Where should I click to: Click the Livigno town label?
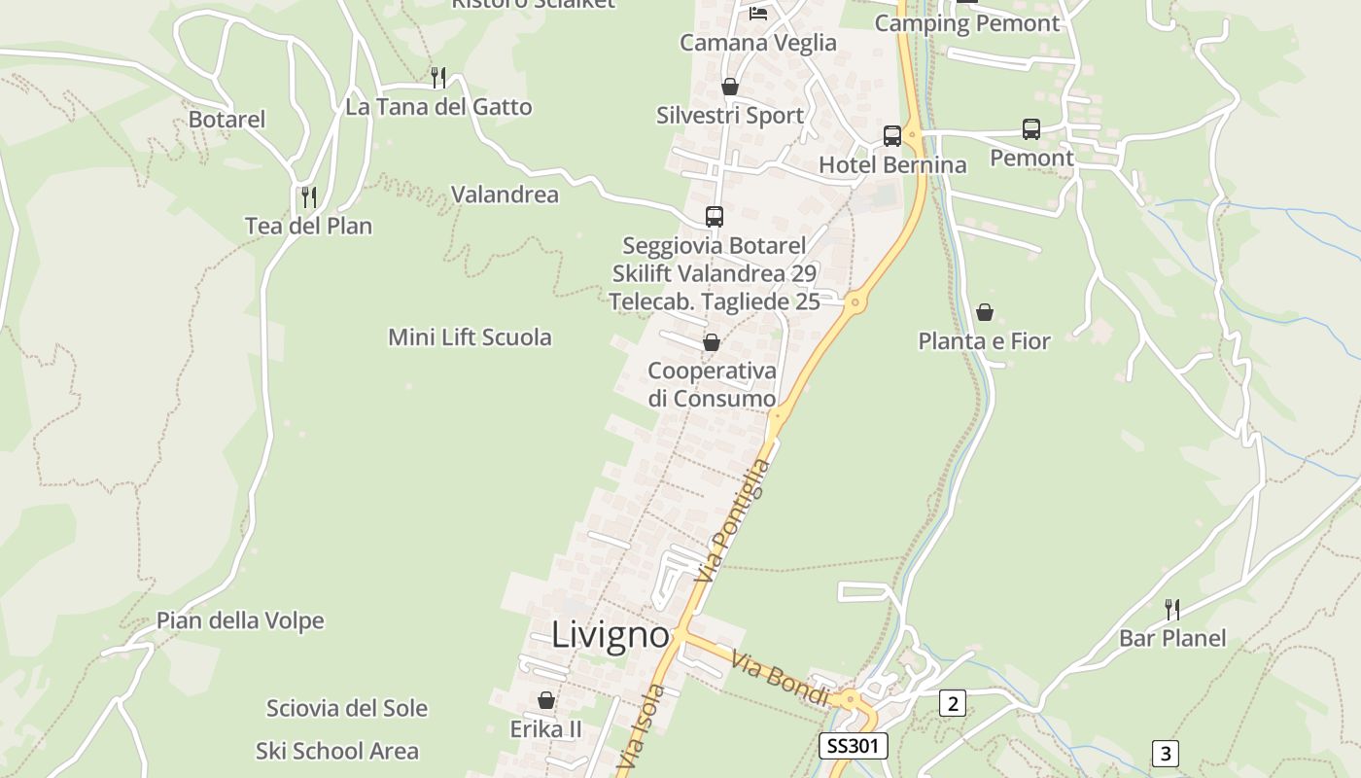click(611, 635)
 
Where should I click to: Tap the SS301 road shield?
click(853, 746)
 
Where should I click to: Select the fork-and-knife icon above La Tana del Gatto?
click(438, 77)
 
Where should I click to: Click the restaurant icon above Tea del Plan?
click(308, 196)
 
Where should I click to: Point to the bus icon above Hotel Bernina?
click(892, 136)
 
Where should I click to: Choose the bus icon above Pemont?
click(1031, 129)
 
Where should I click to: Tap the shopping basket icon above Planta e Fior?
click(985, 312)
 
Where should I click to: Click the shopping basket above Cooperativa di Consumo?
click(712, 342)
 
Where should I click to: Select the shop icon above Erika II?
click(546, 700)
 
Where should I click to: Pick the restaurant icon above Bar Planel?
click(1172, 610)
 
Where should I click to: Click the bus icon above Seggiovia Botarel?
click(715, 217)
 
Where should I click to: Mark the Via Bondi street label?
click(780, 680)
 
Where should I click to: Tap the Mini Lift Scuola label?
click(470, 337)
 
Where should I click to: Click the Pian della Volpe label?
click(240, 620)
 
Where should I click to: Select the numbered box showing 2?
click(952, 703)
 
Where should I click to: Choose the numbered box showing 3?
click(1166, 753)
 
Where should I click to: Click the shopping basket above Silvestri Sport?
click(729, 87)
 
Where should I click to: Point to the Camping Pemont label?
click(966, 23)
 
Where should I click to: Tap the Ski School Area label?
click(337, 751)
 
